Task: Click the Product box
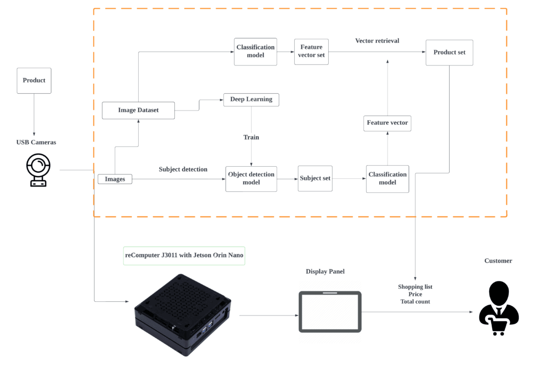(34, 81)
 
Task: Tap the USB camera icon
(38, 170)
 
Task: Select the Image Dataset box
(138, 111)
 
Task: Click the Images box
(115, 179)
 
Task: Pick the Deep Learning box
(251, 100)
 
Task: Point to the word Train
(251, 137)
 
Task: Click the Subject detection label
(183, 169)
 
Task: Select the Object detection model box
(251, 179)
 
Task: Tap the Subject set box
(315, 178)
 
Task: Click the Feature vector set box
(311, 51)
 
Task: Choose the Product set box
(449, 52)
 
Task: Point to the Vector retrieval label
(377, 41)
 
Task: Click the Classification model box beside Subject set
(387, 179)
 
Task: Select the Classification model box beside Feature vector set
(255, 51)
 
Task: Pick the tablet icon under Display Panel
(330, 312)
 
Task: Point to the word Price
(415, 295)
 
